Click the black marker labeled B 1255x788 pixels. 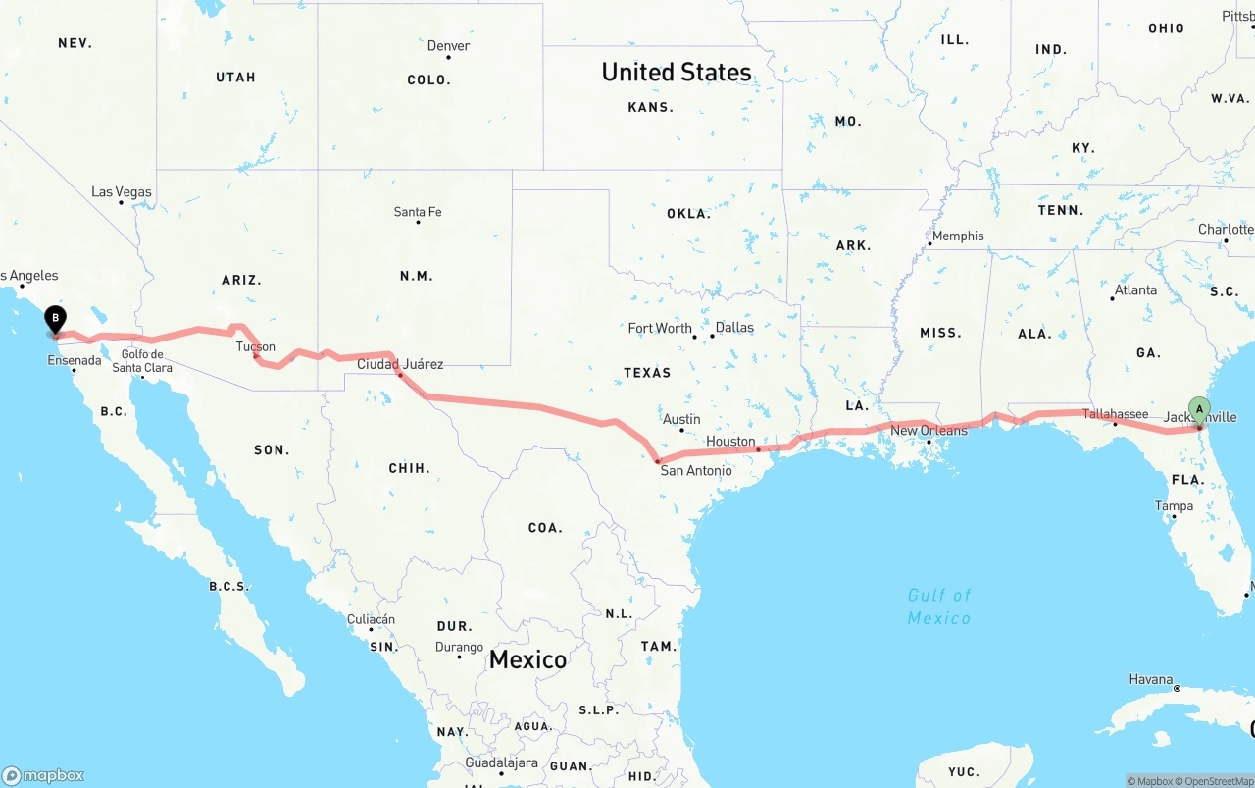(56, 319)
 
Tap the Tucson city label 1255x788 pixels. (255, 346)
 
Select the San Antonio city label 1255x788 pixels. (695, 471)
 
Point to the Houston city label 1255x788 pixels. (730, 442)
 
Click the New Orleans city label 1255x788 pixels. (929, 431)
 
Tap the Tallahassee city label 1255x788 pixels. (1115, 414)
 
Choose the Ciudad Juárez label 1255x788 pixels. (399, 364)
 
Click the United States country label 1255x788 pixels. (677, 72)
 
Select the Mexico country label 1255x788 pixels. (527, 659)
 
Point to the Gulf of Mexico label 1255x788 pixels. (938, 606)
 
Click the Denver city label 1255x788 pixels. (448, 46)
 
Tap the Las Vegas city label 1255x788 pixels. (122, 192)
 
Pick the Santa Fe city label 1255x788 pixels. (418, 212)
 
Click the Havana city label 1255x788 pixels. (1150, 679)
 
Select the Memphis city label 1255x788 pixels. (958, 236)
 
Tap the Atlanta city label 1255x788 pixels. (1135, 290)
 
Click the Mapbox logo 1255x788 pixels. (43, 775)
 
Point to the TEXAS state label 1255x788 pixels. (647, 373)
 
